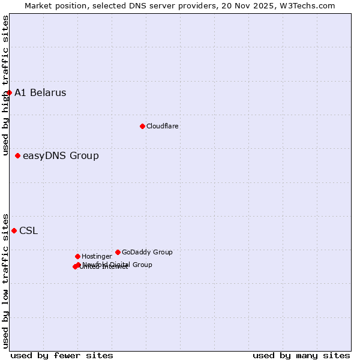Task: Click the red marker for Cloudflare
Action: (x=142, y=126)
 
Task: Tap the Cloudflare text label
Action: (x=162, y=126)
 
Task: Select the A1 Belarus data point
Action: (x=10, y=92)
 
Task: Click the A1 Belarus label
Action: (x=40, y=92)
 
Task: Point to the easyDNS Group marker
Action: (x=17, y=155)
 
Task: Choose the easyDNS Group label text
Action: (x=61, y=156)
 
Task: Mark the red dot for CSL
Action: (x=14, y=230)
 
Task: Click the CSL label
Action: (x=28, y=231)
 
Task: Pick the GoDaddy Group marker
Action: (x=118, y=252)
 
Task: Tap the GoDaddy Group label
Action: (x=147, y=252)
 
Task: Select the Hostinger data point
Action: (x=77, y=256)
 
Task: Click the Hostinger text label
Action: (x=97, y=256)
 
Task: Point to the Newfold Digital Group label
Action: (x=117, y=265)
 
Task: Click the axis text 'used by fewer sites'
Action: (x=62, y=355)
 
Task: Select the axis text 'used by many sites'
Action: (x=301, y=355)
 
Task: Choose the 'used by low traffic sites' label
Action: (x=5, y=280)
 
